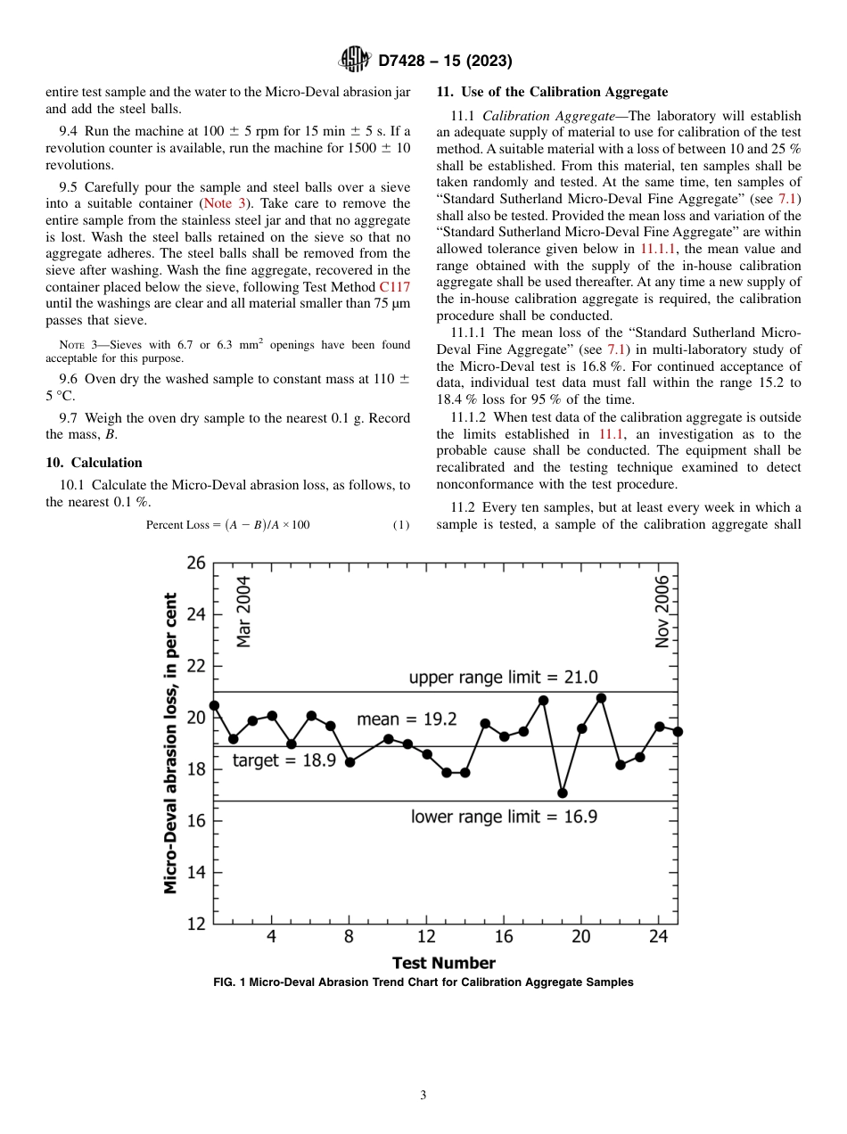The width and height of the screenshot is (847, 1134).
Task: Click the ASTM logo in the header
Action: click(x=355, y=61)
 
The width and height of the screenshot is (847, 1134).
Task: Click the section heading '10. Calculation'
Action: click(x=94, y=462)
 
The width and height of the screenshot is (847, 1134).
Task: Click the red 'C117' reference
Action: click(x=395, y=287)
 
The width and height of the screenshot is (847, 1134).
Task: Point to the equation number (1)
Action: click(x=401, y=524)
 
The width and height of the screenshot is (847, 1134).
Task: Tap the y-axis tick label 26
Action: click(x=195, y=563)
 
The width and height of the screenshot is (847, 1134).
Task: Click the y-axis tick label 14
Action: click(x=195, y=873)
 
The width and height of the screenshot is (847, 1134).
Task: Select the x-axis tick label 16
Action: click(x=504, y=936)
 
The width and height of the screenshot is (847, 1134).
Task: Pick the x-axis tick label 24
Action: click(x=658, y=936)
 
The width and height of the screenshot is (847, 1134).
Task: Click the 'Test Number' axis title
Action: click(x=443, y=963)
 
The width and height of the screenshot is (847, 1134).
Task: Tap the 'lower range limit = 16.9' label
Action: click(x=504, y=816)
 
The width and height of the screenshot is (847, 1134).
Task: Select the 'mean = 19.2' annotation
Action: click(x=407, y=719)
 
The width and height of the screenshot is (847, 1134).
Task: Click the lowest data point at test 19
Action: click(x=563, y=793)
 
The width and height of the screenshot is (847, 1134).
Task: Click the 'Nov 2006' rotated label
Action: click(x=662, y=611)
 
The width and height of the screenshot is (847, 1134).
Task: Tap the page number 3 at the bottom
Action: click(x=423, y=1096)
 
